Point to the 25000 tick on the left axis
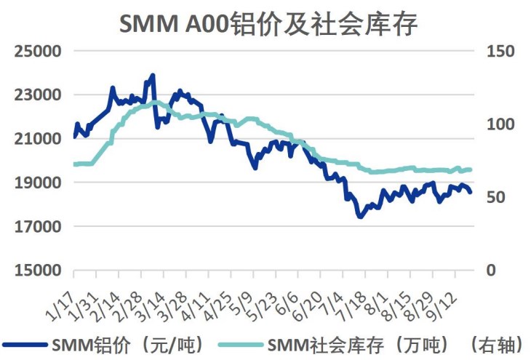[36, 52]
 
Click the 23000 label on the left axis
[36, 95]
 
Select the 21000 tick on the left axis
[36, 139]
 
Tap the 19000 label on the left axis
[36, 183]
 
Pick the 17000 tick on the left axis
[36, 226]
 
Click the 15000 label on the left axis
[36, 271]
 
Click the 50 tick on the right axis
[500, 198]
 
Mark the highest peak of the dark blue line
[152, 75]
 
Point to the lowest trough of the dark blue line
[359, 216]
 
